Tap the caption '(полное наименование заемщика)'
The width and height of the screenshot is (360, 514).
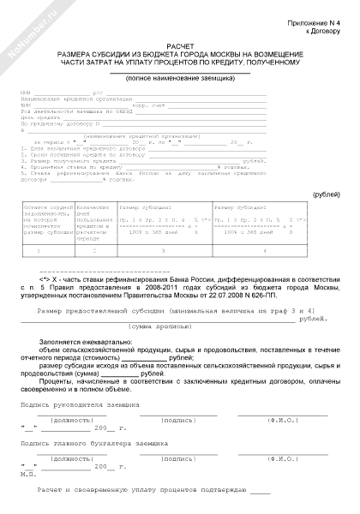(x=180, y=78)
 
